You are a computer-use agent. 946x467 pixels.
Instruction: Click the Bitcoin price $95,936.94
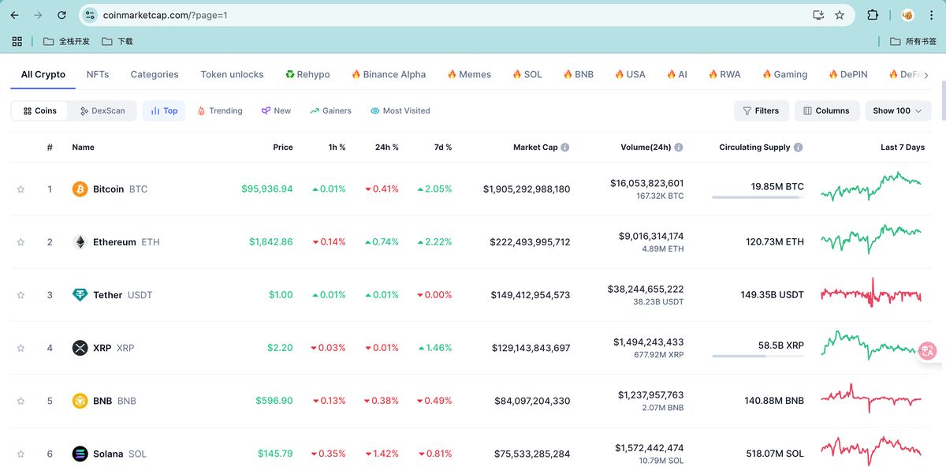point(266,189)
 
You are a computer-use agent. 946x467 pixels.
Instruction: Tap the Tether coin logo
point(80,295)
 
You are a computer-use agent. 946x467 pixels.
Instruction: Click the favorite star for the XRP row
point(21,348)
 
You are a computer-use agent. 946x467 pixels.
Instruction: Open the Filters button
point(761,111)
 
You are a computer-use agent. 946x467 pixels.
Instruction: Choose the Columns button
point(825,111)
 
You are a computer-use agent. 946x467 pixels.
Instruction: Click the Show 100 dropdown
point(897,111)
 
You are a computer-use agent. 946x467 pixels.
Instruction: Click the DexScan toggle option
point(102,111)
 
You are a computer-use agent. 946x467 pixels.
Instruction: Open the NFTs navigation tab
point(98,74)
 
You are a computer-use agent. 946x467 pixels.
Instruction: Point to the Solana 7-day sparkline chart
point(871,451)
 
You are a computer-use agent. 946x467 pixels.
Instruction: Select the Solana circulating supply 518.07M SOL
point(774,454)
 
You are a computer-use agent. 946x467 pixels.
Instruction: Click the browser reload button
point(62,15)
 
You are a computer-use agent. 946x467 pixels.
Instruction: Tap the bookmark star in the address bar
point(840,15)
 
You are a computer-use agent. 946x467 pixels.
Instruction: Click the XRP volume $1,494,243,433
point(648,342)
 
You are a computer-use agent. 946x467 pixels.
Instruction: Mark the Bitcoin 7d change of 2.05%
point(434,189)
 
